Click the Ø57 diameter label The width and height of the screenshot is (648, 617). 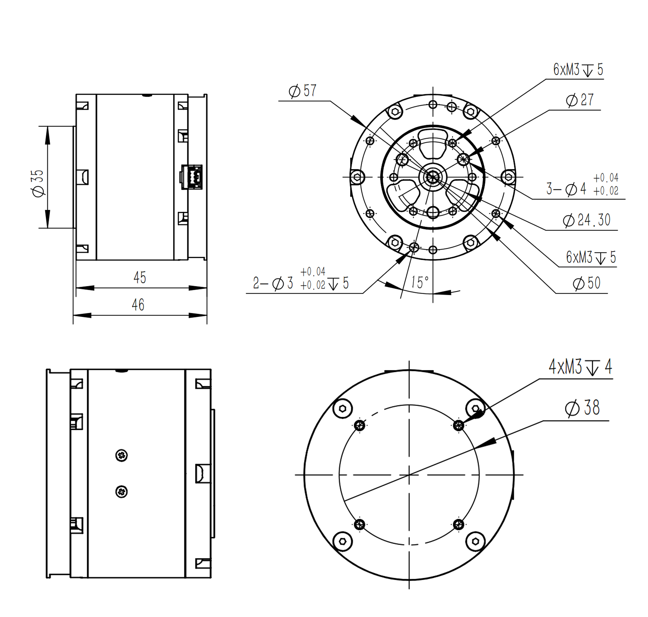(x=302, y=91)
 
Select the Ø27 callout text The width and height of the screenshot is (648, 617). (x=579, y=100)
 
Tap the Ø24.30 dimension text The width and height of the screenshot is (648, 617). (x=586, y=220)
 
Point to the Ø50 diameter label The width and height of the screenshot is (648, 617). (x=587, y=283)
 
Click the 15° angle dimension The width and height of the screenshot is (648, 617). (x=420, y=283)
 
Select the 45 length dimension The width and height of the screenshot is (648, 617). (x=140, y=277)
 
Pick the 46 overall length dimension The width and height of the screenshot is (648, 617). (x=138, y=305)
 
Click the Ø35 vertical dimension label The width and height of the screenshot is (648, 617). (x=38, y=183)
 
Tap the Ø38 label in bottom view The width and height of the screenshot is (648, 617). (x=582, y=408)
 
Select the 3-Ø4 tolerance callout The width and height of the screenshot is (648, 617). (x=582, y=188)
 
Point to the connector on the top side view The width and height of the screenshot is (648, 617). (x=192, y=177)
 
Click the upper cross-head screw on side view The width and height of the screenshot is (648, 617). (x=121, y=455)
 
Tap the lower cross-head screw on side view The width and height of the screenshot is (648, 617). (x=121, y=492)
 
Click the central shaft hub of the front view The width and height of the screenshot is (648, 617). (x=432, y=177)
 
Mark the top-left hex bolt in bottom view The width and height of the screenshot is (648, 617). (x=343, y=408)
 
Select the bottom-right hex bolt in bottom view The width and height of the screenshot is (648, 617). (x=475, y=541)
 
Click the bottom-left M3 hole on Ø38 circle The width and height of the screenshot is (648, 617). (x=359, y=524)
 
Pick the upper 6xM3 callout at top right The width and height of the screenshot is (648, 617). (x=578, y=70)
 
